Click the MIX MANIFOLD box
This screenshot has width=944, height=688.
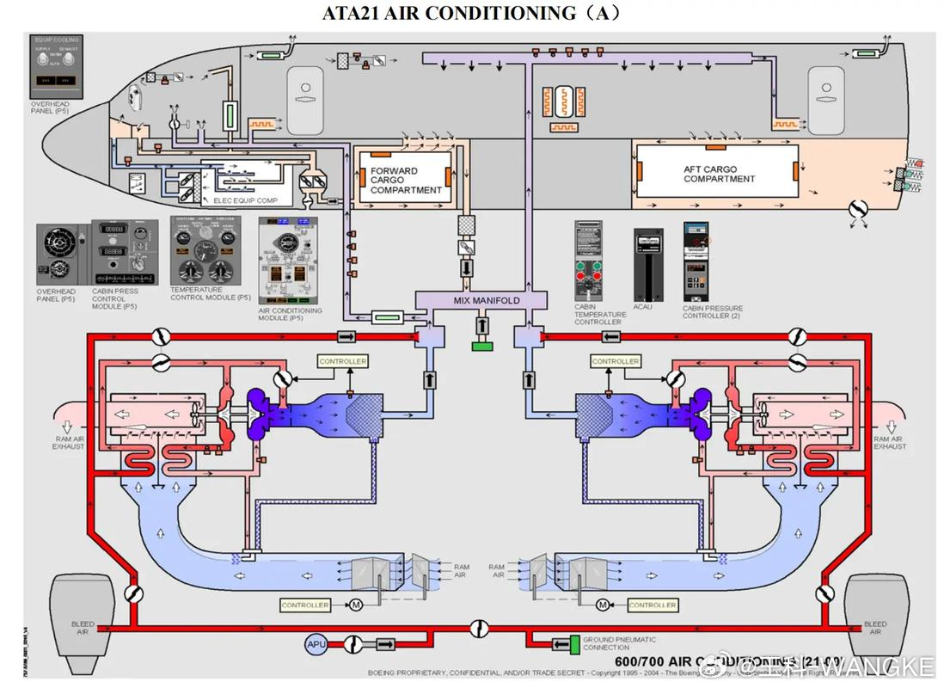click(481, 300)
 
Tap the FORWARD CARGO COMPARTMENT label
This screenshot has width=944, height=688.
click(406, 181)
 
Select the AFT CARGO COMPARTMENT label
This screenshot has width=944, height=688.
click(719, 175)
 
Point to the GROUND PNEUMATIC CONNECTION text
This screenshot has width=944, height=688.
click(619, 643)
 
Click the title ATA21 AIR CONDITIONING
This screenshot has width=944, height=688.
click(471, 13)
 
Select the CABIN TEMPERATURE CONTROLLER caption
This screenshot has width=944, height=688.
click(600, 314)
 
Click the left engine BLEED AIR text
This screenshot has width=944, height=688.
click(83, 628)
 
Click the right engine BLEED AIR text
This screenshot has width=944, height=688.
click(874, 628)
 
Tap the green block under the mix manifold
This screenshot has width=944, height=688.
click(481, 346)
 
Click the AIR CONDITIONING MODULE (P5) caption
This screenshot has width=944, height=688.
click(291, 314)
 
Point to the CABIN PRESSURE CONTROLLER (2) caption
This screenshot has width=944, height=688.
click(712, 311)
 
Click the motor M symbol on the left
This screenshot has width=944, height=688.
click(355, 605)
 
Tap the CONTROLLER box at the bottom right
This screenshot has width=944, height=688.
click(652, 605)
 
